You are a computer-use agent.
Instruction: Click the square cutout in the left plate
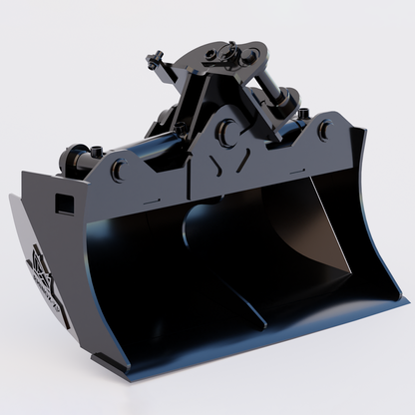point(63,204)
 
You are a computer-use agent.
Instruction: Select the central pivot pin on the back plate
point(228,130)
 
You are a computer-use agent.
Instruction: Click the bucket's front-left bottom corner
point(100,358)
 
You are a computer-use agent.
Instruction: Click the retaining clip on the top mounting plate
point(232,47)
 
